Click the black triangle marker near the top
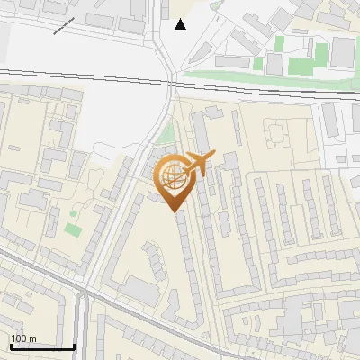point(181,24)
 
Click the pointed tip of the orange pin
point(175,211)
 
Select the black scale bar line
point(42,346)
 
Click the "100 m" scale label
point(23,338)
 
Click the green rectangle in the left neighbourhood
point(73,229)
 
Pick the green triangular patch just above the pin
point(164,135)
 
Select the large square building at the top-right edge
point(343,53)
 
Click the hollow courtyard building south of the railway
point(274,136)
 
